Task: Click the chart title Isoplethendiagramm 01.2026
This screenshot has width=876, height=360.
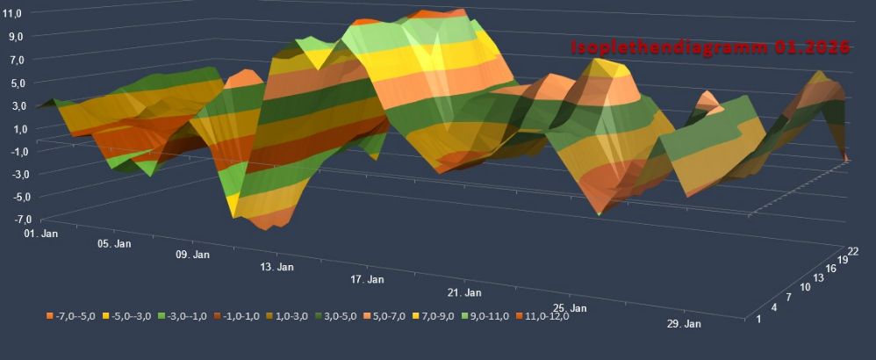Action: [709, 48]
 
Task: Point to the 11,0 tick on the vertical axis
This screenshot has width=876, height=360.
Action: [15, 14]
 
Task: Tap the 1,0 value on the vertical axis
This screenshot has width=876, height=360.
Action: [17, 128]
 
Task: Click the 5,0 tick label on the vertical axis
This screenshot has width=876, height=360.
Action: [17, 83]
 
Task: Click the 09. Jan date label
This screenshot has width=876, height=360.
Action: [192, 255]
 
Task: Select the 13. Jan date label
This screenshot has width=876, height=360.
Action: [276, 266]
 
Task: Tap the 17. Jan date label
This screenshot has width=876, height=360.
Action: [367, 279]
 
